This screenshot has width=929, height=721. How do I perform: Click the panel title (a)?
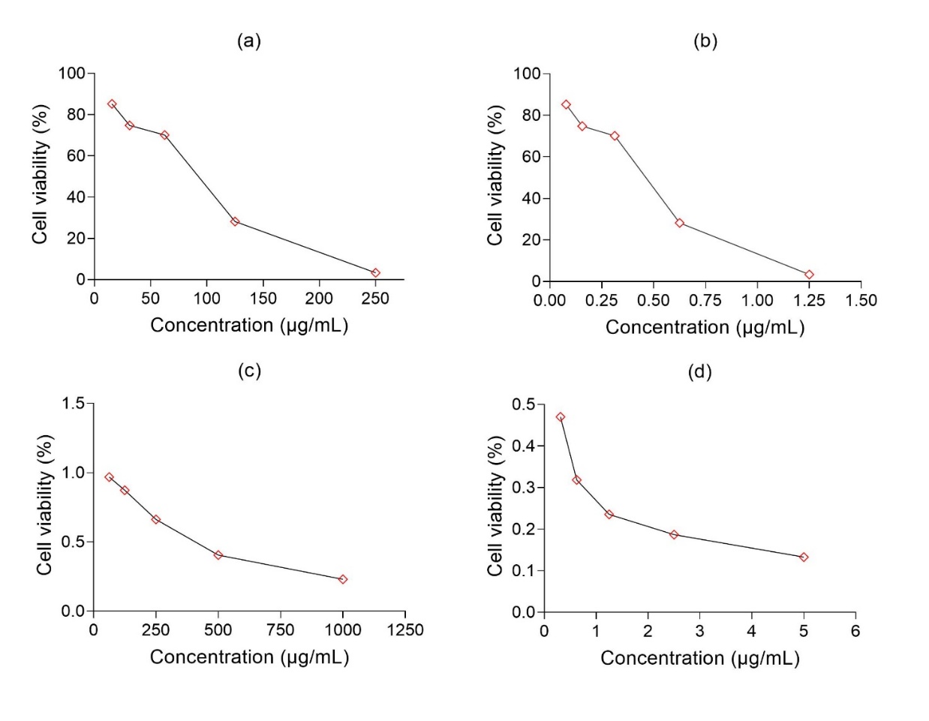[249, 41]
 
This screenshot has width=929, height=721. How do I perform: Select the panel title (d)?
[699, 372]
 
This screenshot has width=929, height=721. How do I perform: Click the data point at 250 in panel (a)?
[375, 273]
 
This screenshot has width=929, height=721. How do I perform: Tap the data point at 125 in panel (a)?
[235, 221]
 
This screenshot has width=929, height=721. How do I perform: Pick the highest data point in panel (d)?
[561, 417]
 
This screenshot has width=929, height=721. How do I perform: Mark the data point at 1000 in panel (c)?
[343, 579]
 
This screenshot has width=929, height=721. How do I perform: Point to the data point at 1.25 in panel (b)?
[809, 275]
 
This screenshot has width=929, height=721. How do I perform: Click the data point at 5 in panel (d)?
[804, 557]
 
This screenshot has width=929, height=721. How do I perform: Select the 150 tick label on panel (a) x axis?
[263, 299]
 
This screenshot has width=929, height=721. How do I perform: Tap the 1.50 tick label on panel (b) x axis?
[861, 301]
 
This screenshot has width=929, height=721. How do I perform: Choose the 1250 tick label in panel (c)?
[405, 630]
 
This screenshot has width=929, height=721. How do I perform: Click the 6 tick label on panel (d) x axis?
[855, 631]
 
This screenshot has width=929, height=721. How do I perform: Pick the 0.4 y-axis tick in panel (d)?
[523, 446]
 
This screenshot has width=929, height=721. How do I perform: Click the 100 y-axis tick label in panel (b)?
[527, 74]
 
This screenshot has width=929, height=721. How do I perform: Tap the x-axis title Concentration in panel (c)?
[249, 657]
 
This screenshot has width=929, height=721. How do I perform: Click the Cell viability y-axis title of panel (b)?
[495, 176]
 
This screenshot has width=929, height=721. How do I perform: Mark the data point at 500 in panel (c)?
[218, 555]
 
